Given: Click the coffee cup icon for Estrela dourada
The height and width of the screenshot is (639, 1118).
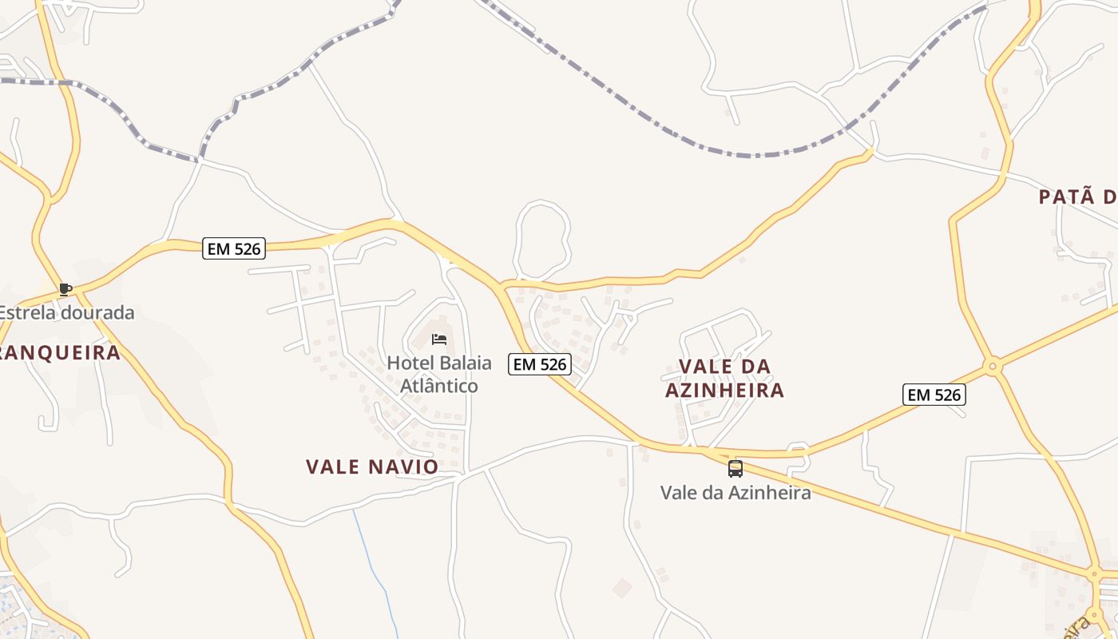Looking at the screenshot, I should pyautogui.click(x=65, y=289).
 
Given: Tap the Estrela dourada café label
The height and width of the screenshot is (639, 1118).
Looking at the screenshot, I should pyautogui.click(x=66, y=312).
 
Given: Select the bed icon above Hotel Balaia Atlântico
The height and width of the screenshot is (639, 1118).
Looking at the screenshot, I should pyautogui.click(x=438, y=339).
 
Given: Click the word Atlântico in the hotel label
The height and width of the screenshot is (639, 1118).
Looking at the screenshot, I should pyautogui.click(x=438, y=386).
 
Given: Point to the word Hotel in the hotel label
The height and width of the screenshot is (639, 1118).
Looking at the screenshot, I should pyautogui.click(x=410, y=363).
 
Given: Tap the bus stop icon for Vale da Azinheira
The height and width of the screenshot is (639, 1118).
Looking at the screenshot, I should pyautogui.click(x=735, y=469).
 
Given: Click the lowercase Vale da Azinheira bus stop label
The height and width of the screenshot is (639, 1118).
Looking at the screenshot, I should pyautogui.click(x=735, y=492).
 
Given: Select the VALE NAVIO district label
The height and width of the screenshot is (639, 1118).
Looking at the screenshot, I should pyautogui.click(x=372, y=466).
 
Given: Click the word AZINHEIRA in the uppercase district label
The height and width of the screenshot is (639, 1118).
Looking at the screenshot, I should pyautogui.click(x=725, y=391).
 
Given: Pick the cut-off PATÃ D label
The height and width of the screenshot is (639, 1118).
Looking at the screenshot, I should pyautogui.click(x=1077, y=197).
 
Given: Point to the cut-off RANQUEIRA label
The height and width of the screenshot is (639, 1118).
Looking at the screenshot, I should pyautogui.click(x=60, y=352).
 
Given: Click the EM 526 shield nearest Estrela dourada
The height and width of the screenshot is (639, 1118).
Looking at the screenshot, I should pyautogui.click(x=233, y=248).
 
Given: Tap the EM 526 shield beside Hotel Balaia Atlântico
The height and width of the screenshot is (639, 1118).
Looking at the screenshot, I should pyautogui.click(x=540, y=364).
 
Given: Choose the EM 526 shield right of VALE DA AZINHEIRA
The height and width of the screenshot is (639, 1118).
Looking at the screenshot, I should pyautogui.click(x=934, y=394).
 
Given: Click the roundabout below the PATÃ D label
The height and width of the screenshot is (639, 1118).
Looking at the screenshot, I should pyautogui.click(x=993, y=367).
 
